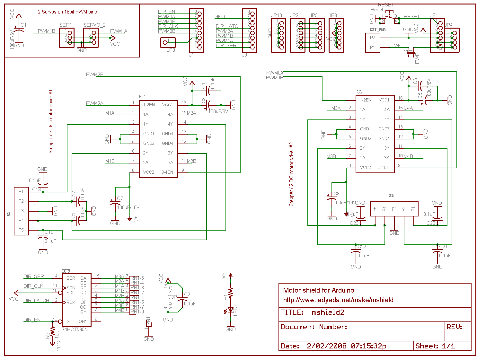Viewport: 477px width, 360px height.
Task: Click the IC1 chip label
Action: [x=142, y=96]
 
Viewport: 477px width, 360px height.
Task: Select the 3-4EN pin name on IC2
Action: [x=384, y=167]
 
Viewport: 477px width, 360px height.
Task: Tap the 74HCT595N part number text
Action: [x=75, y=329]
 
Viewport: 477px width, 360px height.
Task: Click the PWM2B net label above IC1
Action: [x=94, y=75]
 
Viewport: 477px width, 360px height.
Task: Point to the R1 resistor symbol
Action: [x=230, y=293]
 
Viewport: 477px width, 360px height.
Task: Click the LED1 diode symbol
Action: [x=230, y=310]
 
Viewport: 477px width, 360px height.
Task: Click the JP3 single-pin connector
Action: [x=168, y=42]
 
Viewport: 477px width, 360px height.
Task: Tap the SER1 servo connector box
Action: [x=67, y=38]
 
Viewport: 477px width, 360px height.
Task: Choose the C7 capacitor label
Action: [x=120, y=198]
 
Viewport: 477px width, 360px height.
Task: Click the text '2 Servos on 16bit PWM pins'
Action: [x=67, y=12]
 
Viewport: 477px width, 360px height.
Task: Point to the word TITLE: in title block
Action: [x=292, y=312]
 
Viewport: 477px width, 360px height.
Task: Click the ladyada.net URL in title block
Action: [x=338, y=300]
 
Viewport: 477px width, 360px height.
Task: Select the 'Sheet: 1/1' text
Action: [x=435, y=346]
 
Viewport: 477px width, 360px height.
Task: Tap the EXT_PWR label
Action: [x=377, y=30]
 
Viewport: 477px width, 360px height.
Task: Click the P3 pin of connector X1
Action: [x=21, y=211]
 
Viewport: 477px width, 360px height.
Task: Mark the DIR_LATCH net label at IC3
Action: [x=36, y=301]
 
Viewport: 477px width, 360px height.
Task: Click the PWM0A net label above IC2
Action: [x=275, y=73]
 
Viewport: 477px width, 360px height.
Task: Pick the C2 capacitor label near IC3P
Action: [x=187, y=294]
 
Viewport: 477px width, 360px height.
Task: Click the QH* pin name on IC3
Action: [x=82, y=321]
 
